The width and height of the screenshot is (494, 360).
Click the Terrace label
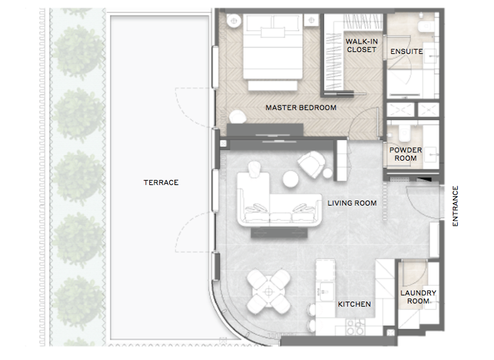(x=161, y=183)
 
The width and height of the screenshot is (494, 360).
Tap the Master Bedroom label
(x=300, y=108)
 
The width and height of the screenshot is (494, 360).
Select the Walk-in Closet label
(x=361, y=46)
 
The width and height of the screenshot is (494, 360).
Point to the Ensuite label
(x=407, y=51)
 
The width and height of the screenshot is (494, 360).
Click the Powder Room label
(x=406, y=154)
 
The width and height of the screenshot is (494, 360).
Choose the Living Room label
(x=352, y=203)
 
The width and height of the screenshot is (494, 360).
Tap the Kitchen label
(x=354, y=304)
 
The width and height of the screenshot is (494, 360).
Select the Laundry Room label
(x=418, y=297)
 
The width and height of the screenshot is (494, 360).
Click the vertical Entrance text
(x=455, y=206)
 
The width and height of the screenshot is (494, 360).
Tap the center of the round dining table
(x=268, y=291)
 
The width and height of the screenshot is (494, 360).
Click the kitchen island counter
(x=325, y=283)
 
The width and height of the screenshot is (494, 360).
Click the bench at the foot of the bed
(x=273, y=85)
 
